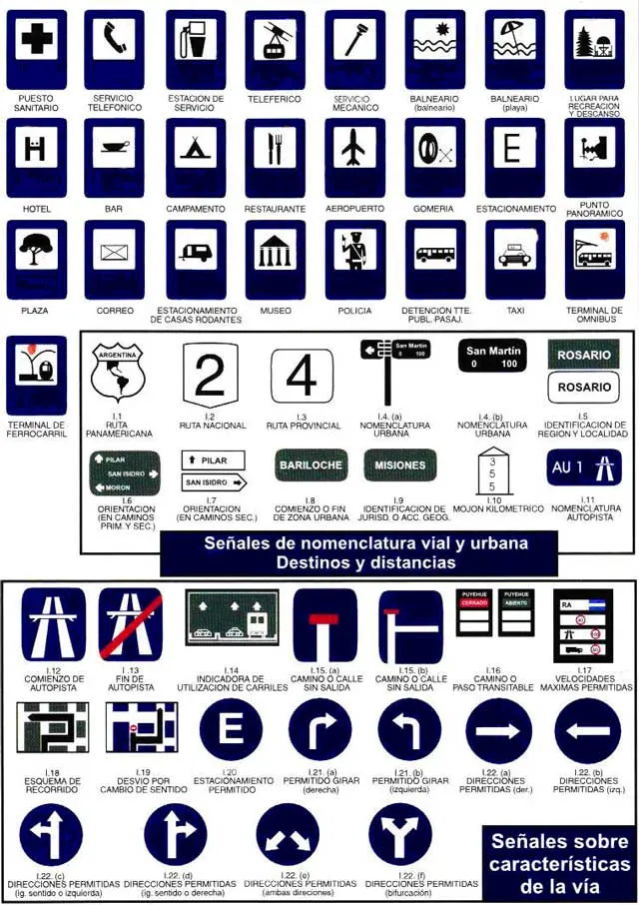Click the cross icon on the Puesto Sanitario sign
tap(37, 40)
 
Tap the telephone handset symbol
tap(113, 39)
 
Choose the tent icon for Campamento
tap(196, 148)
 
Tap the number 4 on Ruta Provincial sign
tap(301, 378)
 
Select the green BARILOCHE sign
tap(311, 464)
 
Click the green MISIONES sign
tap(399, 464)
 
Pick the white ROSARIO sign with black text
tap(584, 387)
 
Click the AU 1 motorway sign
tap(584, 467)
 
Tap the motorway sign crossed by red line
tap(131, 625)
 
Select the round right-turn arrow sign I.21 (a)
tap(320, 730)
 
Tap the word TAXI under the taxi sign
tap(514, 311)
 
